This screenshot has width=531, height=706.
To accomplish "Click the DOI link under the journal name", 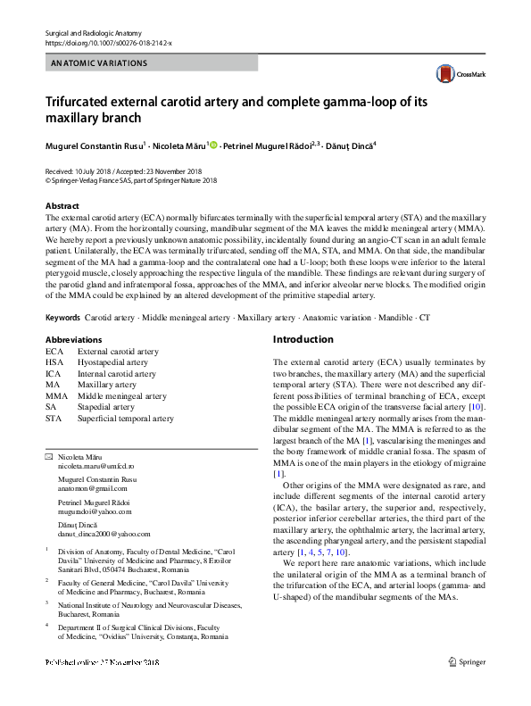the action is pos(108,43).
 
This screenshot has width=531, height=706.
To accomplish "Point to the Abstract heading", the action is pos(62,205).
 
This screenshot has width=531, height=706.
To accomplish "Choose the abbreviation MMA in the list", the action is pos(56,395).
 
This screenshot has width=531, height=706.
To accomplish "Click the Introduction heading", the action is pos(303,340).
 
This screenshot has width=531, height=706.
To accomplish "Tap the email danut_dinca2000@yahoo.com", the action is pos(104,534).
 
